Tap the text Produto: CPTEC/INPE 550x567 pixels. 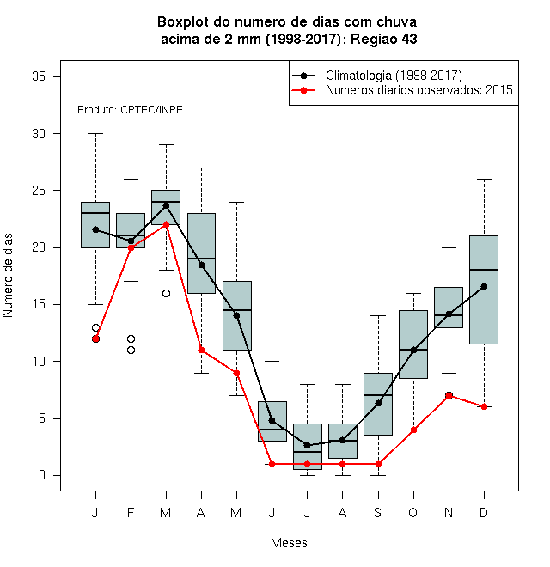coord(130,110)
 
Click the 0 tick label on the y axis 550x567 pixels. coord(42,475)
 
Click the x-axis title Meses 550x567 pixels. coord(289,543)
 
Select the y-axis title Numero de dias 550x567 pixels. coord(8,276)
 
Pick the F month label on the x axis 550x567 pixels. coord(131,512)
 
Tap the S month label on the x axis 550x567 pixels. coord(378,512)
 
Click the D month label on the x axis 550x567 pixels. coord(484,512)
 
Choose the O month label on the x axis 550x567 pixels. coord(412,512)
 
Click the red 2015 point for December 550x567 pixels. coord(484,407)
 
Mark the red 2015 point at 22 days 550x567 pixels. coord(166,224)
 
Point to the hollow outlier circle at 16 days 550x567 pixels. coord(166,293)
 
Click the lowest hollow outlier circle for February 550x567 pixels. coord(131,350)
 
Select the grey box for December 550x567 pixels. coord(484,290)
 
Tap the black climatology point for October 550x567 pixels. coord(413,350)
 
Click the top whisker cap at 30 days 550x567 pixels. coord(95,133)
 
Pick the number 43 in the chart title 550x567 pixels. coord(409,39)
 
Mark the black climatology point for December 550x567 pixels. coord(484,286)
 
